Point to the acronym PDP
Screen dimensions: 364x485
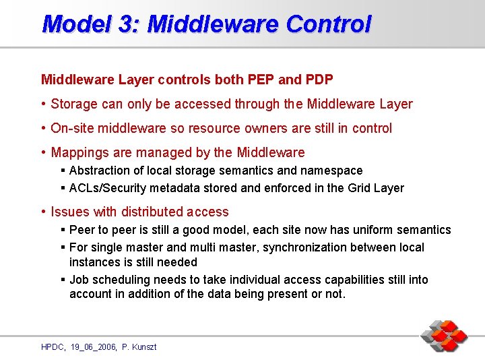pos(319,80)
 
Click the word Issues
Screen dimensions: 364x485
pos(69,212)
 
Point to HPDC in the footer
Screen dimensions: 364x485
pos(53,346)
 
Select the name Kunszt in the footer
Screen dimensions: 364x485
pos(144,346)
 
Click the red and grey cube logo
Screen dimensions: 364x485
pos(444,335)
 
